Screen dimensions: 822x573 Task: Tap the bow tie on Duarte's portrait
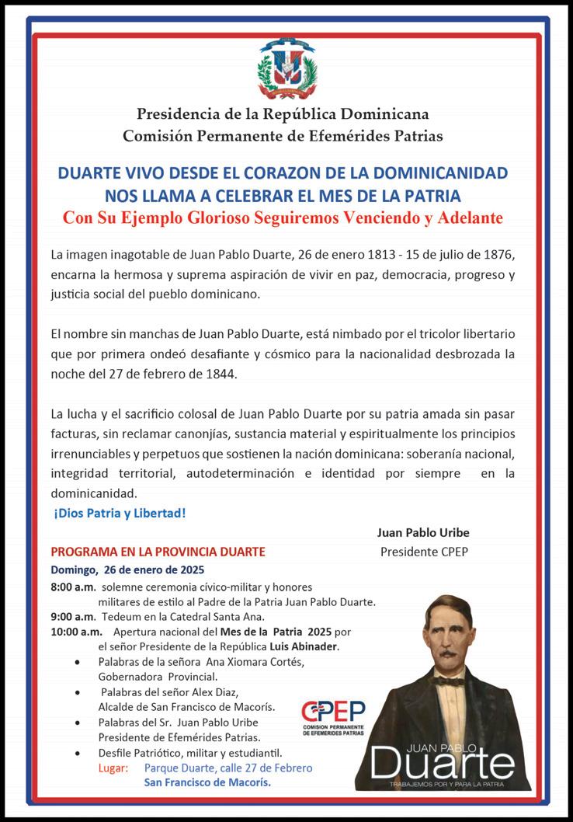point(448,681)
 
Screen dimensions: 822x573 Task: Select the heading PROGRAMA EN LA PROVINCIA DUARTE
point(158,552)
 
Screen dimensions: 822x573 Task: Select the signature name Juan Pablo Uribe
point(423,533)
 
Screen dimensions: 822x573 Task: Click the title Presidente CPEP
point(423,552)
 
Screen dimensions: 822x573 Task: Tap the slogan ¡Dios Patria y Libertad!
point(120,514)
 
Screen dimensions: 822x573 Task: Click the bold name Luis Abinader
point(304,646)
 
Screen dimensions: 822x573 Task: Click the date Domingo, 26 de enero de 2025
point(127,569)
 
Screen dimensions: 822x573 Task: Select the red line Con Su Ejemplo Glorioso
point(283,218)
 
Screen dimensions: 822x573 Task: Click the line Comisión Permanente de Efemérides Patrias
point(283,136)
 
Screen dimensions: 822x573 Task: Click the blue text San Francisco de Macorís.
point(207,782)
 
